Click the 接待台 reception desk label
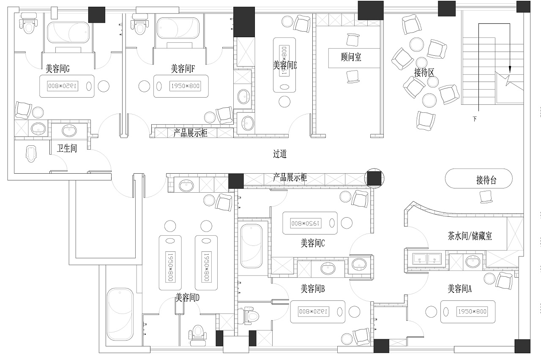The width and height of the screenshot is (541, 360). tap(486, 180)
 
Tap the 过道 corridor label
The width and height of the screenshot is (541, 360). tap(280, 153)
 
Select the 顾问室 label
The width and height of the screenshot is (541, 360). tap(351, 57)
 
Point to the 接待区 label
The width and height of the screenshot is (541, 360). tap(424, 72)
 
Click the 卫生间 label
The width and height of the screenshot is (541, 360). tap(67, 148)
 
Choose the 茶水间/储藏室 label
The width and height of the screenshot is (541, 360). tap(470, 236)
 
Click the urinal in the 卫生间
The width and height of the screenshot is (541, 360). tap(31, 154)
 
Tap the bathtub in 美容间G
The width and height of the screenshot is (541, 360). tap(68, 32)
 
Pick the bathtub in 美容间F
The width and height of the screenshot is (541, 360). tap(178, 28)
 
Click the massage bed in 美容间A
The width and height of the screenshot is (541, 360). tap(468, 312)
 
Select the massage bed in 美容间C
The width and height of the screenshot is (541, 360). tap(310, 223)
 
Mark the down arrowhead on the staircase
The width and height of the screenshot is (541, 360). tap(510, 70)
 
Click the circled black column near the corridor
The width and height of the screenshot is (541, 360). tap(374, 178)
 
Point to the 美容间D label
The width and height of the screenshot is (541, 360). tap(187, 297)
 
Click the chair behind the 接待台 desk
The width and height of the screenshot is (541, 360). tap(486, 197)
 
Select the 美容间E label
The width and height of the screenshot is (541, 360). tap(285, 65)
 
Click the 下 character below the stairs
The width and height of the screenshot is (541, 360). tap(475, 119)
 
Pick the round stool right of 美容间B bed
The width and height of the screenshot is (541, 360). tap(354, 312)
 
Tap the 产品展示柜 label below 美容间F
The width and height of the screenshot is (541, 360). tap(190, 133)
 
